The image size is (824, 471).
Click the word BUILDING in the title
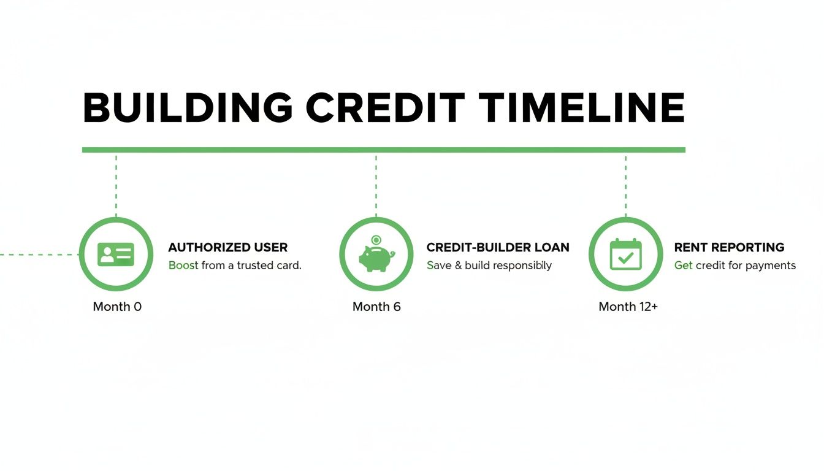188,107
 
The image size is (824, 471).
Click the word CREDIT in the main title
385,107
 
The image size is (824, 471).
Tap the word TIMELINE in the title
582,107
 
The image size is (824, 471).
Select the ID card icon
116,255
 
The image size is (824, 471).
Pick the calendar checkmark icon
626,255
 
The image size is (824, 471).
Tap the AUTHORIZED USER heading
227,247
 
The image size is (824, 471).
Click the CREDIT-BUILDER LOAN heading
498,247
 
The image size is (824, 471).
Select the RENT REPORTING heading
729,247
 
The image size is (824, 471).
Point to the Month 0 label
117,307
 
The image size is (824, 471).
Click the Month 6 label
376,307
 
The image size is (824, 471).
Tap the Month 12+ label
628,307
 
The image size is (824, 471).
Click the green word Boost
183,266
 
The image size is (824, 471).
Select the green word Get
683,266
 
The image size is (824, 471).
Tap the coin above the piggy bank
376,240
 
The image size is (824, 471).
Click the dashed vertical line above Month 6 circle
376,186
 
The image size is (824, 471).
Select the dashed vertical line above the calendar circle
626,186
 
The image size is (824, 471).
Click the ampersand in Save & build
458,266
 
